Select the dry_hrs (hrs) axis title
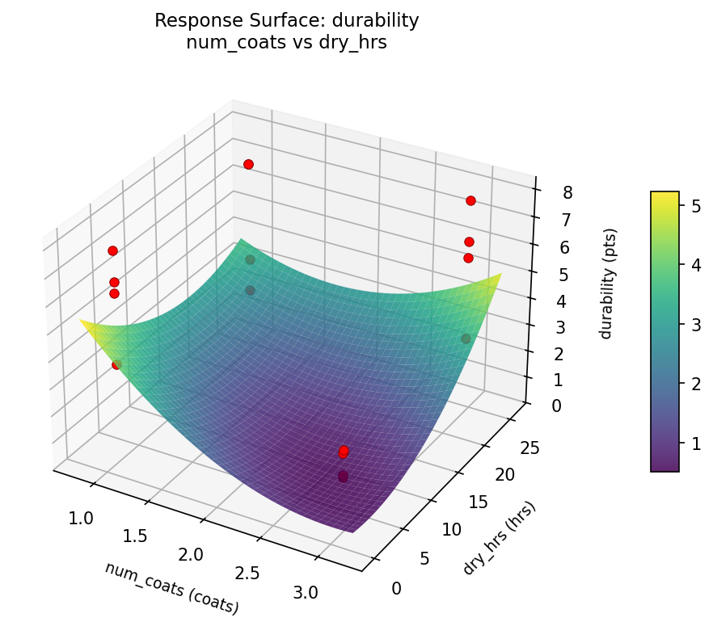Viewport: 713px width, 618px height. point(499,538)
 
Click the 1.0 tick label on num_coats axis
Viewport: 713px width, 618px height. point(81,517)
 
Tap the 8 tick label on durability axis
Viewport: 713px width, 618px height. point(546,192)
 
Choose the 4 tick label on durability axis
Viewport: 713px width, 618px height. point(549,301)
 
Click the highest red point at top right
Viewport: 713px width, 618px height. point(470,200)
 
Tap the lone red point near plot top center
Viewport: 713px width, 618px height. point(248,164)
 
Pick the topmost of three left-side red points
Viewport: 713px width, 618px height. point(112,250)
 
